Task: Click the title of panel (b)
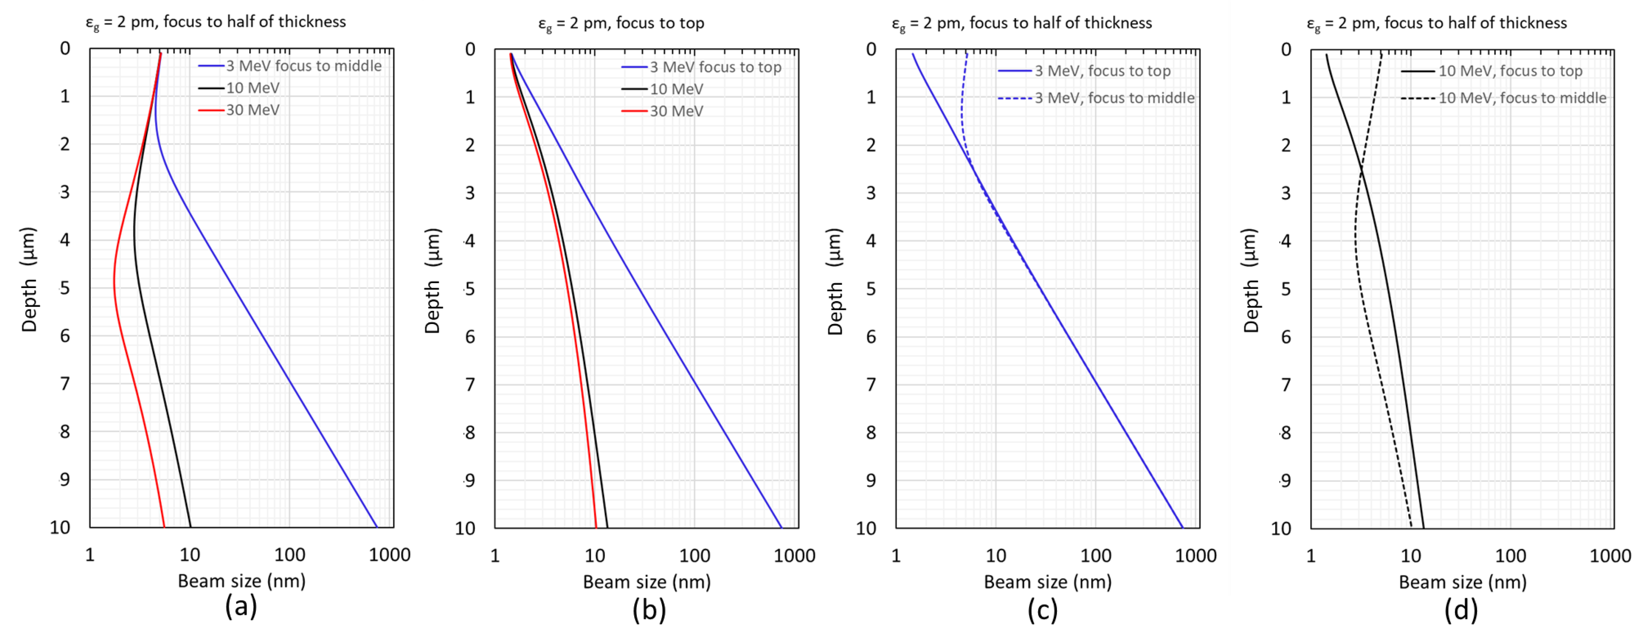[x=621, y=24]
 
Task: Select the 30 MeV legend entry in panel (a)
[x=252, y=110]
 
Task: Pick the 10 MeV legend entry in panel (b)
[x=676, y=89]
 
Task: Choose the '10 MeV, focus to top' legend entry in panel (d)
[x=1509, y=71]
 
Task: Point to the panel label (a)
[x=241, y=606]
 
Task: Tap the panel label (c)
[x=1042, y=610]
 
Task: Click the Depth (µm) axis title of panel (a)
[x=29, y=280]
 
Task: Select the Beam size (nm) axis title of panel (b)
[x=647, y=582]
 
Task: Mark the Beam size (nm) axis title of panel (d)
[x=1462, y=582]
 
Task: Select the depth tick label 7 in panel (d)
[x=1286, y=385]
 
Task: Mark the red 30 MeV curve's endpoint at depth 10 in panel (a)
[x=164, y=526]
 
